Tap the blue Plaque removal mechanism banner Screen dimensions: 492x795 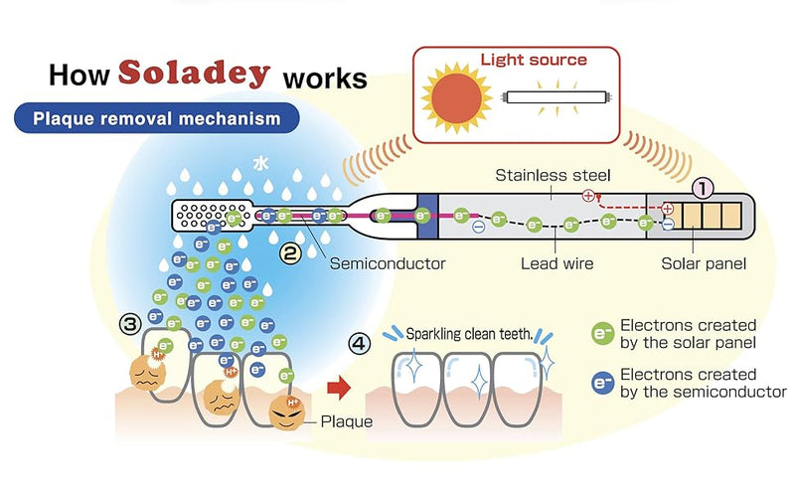[155, 119]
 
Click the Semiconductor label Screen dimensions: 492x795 [387, 263]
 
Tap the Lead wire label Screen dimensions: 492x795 [557, 263]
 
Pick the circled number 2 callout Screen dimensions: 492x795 [290, 253]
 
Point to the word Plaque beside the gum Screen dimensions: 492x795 [347, 421]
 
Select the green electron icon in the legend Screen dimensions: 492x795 [600, 333]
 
